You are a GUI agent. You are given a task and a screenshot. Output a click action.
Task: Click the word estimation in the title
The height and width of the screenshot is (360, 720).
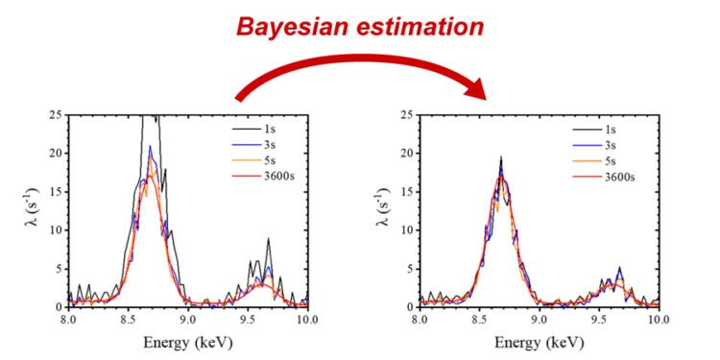coord(422,26)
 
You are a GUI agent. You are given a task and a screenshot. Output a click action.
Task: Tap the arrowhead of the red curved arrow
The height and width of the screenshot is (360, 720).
coord(476,93)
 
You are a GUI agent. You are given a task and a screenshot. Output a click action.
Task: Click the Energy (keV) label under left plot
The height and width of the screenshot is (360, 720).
coord(188,342)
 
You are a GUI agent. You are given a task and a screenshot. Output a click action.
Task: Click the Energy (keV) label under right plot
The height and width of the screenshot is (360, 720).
coord(539,342)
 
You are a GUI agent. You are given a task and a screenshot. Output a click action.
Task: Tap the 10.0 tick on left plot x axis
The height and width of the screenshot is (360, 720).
coord(307,321)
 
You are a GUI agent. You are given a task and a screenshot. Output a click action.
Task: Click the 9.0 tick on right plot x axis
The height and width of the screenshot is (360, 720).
coord(539,321)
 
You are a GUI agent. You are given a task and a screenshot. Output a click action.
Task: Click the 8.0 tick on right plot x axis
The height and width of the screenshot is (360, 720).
coord(420,321)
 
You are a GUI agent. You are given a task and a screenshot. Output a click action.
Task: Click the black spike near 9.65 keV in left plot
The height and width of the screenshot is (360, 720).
coord(269,240)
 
